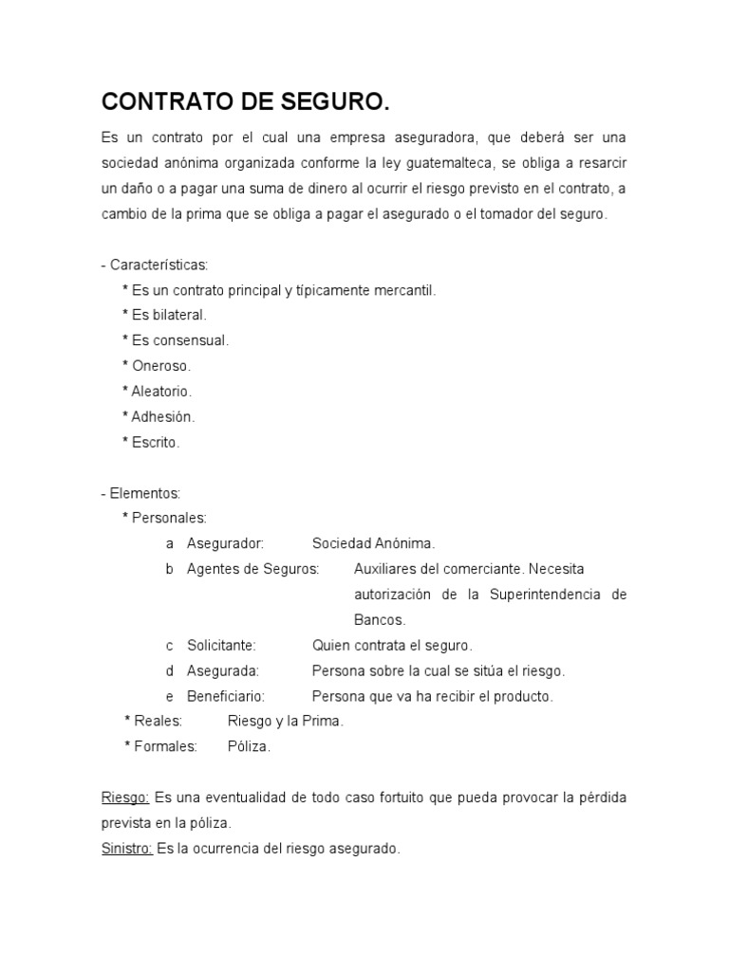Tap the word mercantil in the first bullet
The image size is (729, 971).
point(400,290)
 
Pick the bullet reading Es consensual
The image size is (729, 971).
point(176,340)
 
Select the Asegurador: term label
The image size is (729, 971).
point(225,543)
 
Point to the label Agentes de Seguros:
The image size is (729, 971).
point(252,569)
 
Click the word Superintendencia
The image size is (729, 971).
point(545,595)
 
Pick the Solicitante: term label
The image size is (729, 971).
point(221,645)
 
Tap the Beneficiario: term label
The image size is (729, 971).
point(226,696)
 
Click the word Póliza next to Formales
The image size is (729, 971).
point(249,747)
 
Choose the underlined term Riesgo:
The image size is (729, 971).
point(124,797)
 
